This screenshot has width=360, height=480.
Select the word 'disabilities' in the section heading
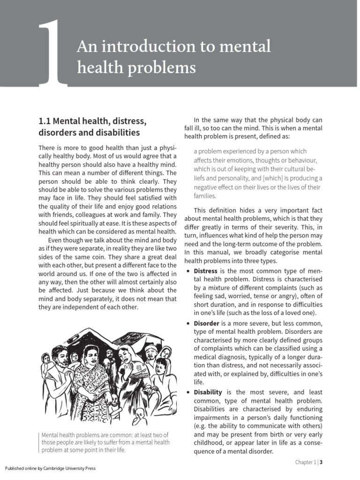point(119,133)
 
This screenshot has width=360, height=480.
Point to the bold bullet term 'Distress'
point(205,271)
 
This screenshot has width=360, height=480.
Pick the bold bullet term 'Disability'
point(209,392)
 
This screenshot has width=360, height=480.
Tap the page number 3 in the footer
point(322,462)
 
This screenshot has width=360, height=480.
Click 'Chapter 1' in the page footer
point(305,462)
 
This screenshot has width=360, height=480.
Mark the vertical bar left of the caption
point(39,442)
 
